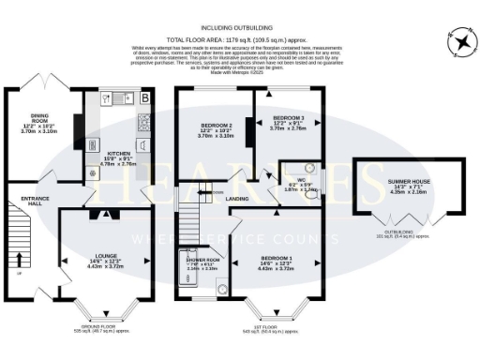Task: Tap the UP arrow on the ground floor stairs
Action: (18, 258)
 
